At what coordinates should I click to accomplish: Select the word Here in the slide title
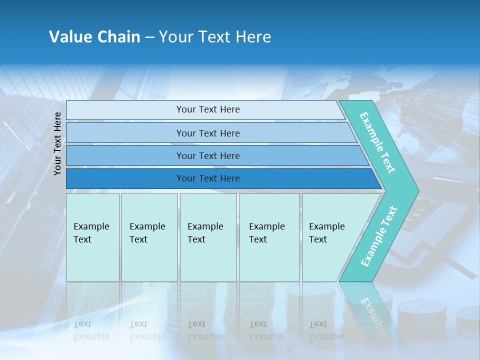pyautogui.click(x=253, y=37)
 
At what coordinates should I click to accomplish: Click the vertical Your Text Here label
pyautogui.click(x=58, y=143)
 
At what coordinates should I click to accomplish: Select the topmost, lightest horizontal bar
pyautogui.click(x=207, y=109)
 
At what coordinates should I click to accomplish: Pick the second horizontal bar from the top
pyautogui.click(x=207, y=133)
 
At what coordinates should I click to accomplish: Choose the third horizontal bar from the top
pyautogui.click(x=207, y=156)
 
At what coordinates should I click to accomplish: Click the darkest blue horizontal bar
pyautogui.click(x=207, y=178)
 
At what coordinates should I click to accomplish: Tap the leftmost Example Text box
pyautogui.click(x=92, y=237)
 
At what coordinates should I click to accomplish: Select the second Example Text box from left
pyautogui.click(x=149, y=237)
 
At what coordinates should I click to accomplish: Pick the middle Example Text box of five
pyautogui.click(x=208, y=237)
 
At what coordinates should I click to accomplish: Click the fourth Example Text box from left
pyautogui.click(x=269, y=237)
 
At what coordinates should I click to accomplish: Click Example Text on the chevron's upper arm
pyautogui.click(x=377, y=143)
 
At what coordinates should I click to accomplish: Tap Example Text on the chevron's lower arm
pyautogui.click(x=378, y=236)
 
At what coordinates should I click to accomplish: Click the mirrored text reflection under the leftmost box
pyautogui.click(x=91, y=330)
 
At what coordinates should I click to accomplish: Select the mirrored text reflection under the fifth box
pyautogui.click(x=326, y=330)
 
